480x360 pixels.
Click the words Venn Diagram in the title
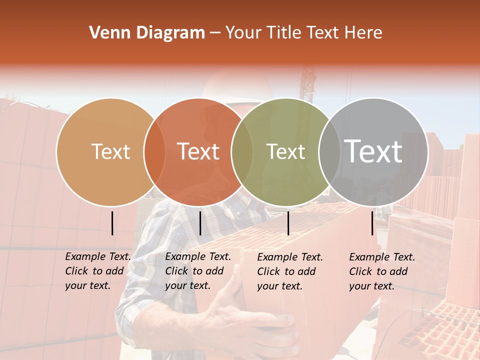[x=146, y=33]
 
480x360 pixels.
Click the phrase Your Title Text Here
[x=303, y=33]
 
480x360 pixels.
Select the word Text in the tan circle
[x=110, y=152]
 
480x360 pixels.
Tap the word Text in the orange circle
[x=198, y=152]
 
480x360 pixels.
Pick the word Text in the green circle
[x=286, y=152]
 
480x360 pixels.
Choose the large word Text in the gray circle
[x=373, y=151]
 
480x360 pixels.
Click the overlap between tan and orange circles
[x=154, y=152]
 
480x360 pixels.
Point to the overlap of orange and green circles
[x=242, y=152]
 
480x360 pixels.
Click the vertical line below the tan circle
[x=112, y=223]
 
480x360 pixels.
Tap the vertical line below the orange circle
[x=200, y=223]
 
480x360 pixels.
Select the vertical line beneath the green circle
[x=288, y=223]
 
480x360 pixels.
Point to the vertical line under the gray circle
[x=372, y=223]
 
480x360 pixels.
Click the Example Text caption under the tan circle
[x=97, y=271]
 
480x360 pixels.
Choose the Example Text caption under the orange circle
[x=197, y=271]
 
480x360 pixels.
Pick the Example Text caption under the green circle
[x=289, y=271]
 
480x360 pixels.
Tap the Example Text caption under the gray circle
[x=381, y=271]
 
